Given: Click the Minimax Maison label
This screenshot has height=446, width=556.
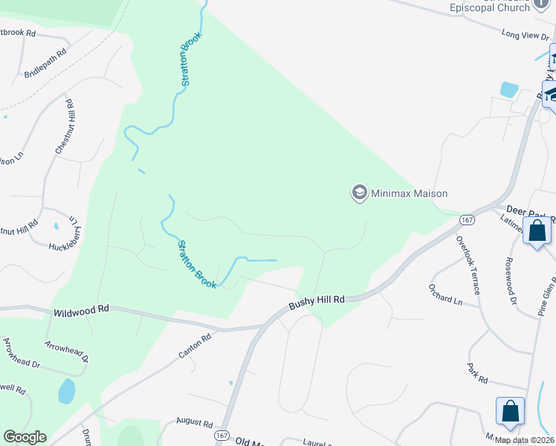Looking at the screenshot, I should tap(410, 194).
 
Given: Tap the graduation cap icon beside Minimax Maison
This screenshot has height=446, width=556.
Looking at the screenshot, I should tap(359, 193).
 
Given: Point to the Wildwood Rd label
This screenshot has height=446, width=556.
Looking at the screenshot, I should tap(81, 311).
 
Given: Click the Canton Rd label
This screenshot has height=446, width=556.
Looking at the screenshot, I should tap(195, 346).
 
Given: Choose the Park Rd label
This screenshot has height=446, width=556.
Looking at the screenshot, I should tap(476, 373).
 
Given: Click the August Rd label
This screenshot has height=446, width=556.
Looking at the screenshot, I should tap(195, 421).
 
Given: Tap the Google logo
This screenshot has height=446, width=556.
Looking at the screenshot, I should tap(25, 437).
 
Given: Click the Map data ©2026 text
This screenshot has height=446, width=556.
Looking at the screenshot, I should tap(524, 440).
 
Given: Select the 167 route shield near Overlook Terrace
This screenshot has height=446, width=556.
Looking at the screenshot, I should tap(467, 220).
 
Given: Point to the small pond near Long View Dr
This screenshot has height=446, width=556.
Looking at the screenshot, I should tap(509, 90).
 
